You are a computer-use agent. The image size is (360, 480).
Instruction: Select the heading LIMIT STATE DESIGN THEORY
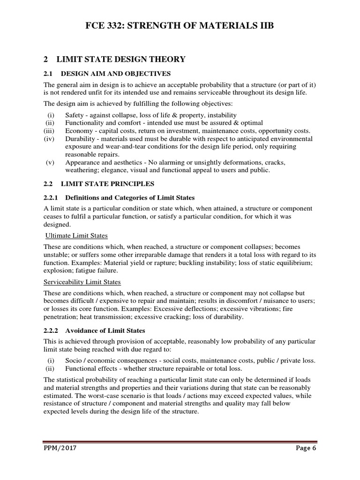[121, 59]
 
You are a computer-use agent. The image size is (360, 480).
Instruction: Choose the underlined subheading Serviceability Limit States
[82, 282]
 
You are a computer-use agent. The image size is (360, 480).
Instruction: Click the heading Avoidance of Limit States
[105, 330]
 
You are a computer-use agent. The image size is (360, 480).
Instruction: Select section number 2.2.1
[51, 197]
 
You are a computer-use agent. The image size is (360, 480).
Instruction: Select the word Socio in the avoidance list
[74, 360]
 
